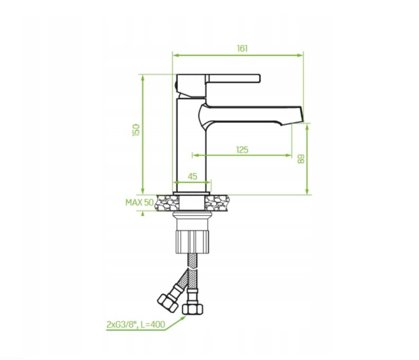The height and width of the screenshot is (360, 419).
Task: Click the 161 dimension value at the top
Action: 242,49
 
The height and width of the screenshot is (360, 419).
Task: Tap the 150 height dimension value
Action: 136,130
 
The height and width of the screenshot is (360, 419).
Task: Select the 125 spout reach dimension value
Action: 242,150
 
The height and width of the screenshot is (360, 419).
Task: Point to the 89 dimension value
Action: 301,159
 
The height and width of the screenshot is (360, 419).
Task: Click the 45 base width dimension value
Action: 192,176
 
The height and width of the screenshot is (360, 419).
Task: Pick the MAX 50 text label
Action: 140,203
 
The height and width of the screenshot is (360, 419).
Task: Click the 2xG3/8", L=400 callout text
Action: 136,324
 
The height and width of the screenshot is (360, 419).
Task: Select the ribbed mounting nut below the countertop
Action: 192,242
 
